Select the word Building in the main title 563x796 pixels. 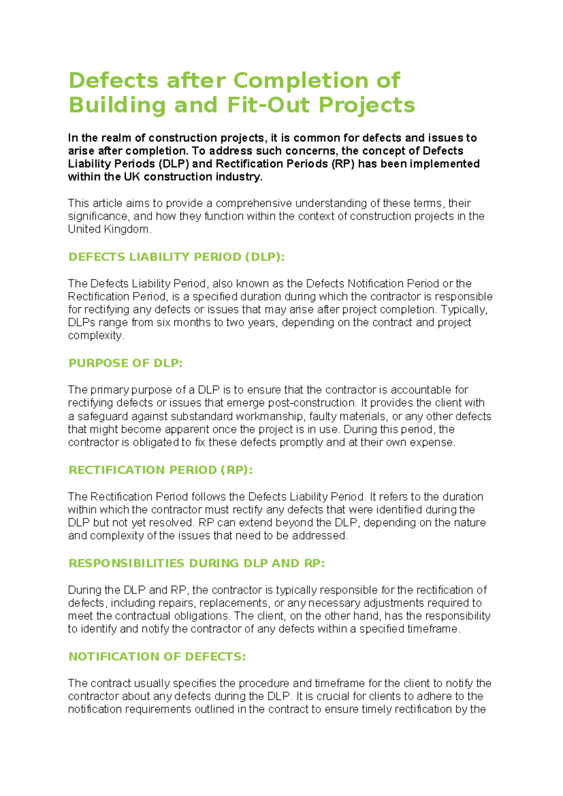pyautogui.click(x=117, y=105)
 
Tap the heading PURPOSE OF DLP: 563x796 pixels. pyautogui.click(x=125, y=363)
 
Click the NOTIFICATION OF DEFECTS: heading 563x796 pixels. pyautogui.click(x=157, y=656)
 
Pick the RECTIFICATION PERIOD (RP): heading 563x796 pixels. pyautogui.click(x=160, y=470)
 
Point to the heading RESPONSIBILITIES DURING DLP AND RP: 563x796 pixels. pyautogui.click(x=197, y=563)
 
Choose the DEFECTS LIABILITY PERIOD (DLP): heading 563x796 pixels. pyautogui.click(x=176, y=257)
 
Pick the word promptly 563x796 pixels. pyautogui.click(x=300, y=442)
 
